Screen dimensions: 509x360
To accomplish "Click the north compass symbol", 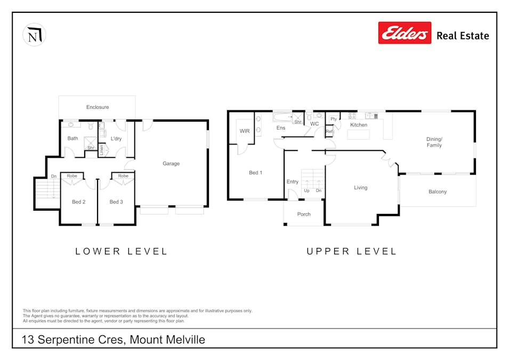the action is [x=34, y=35].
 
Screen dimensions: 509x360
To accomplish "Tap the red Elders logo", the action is [x=405, y=33].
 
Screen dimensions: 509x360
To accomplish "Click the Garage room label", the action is [x=171, y=163].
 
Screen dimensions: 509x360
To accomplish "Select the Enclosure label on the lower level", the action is [x=98, y=107].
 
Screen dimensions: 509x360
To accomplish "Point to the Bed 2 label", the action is [x=78, y=202].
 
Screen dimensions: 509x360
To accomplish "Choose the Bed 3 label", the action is [x=116, y=202].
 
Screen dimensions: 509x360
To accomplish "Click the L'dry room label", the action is [x=116, y=139].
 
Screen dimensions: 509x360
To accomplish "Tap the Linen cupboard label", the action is [x=101, y=150].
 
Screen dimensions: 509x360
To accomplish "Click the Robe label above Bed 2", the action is [x=72, y=176].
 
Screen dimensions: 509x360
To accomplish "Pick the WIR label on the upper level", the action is [x=245, y=131].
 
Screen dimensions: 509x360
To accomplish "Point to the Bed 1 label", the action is [x=255, y=172].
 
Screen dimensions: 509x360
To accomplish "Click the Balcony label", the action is [x=438, y=191].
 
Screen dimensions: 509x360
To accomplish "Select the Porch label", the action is [x=304, y=214].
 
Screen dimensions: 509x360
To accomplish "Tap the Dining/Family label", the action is [x=434, y=142].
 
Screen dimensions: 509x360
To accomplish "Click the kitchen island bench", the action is [x=358, y=134].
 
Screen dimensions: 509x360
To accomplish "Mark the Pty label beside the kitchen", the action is [x=334, y=119].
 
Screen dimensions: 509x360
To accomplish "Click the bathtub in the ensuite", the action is [x=282, y=117].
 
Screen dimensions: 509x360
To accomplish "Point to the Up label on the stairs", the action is [x=307, y=191].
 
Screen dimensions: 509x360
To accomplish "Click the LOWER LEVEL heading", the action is [x=121, y=251].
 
